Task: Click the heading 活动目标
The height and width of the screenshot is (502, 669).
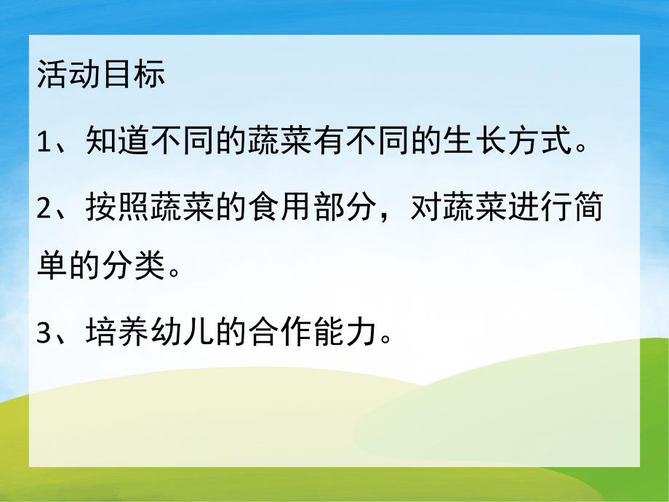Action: coord(101,75)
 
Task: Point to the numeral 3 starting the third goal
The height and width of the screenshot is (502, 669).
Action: coord(44,334)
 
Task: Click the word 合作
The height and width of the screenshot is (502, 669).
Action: coord(283,334)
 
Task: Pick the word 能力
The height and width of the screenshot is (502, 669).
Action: coord(349,334)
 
